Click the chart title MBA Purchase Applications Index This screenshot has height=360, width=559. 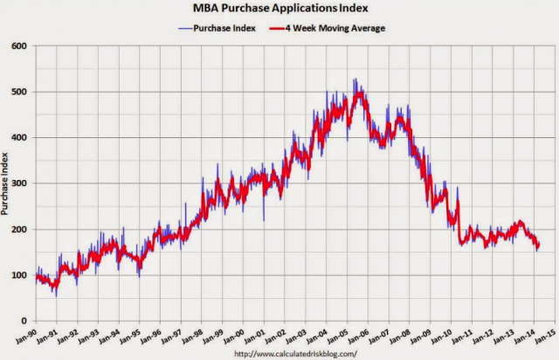280,10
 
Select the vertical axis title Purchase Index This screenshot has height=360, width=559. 7,183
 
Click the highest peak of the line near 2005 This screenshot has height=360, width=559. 355,80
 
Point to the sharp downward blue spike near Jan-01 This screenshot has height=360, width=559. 264,220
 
